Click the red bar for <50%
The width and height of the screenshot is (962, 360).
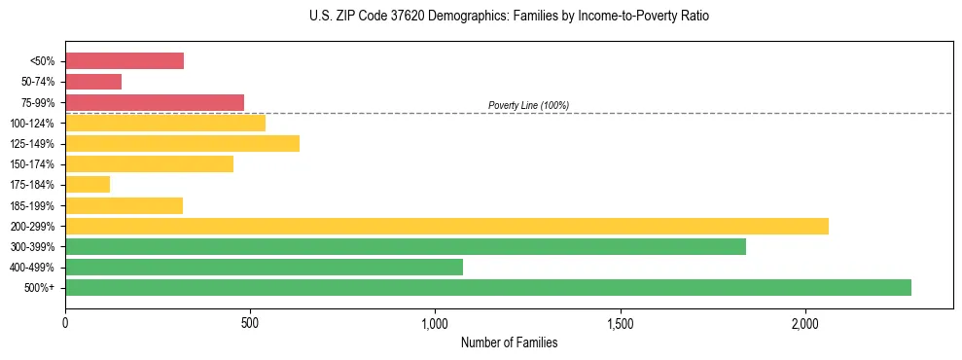coord(125,61)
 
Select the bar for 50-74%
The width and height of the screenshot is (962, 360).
coord(93,82)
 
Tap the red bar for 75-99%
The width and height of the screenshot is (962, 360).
coord(155,102)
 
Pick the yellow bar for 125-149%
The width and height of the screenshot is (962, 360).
coord(182,144)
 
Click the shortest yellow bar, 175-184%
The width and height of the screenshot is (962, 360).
coord(88,185)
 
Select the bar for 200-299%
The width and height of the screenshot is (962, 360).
coord(446,226)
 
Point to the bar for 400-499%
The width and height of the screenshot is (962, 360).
coord(264,267)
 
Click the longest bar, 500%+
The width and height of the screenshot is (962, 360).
coord(488,287)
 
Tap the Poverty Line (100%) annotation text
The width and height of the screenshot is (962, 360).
coord(528,105)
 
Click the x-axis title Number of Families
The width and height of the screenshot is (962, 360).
coord(509,342)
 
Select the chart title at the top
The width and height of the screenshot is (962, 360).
coord(509,17)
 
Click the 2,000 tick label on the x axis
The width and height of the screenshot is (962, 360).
coord(805,322)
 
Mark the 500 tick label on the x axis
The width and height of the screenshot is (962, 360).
coord(250,322)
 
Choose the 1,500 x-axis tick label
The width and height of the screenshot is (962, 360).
coord(621,322)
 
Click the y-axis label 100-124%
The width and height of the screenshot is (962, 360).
coord(32,124)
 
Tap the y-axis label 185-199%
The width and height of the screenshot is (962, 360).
coord(32,205)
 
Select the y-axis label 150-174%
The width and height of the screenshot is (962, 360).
coord(32,164)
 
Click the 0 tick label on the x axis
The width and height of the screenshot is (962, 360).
coord(65,322)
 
